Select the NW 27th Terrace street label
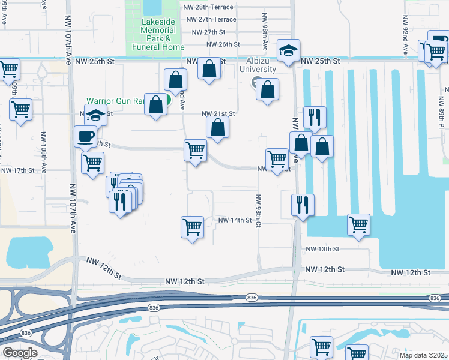(211, 19)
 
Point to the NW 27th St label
(206, 32)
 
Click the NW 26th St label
(223, 44)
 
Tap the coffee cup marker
(85, 136)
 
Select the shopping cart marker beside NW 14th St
(192, 227)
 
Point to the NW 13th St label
(323, 249)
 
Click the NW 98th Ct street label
(258, 211)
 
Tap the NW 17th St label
(18, 170)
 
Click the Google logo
(20, 353)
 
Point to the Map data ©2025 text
(423, 355)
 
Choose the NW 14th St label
(234, 220)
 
